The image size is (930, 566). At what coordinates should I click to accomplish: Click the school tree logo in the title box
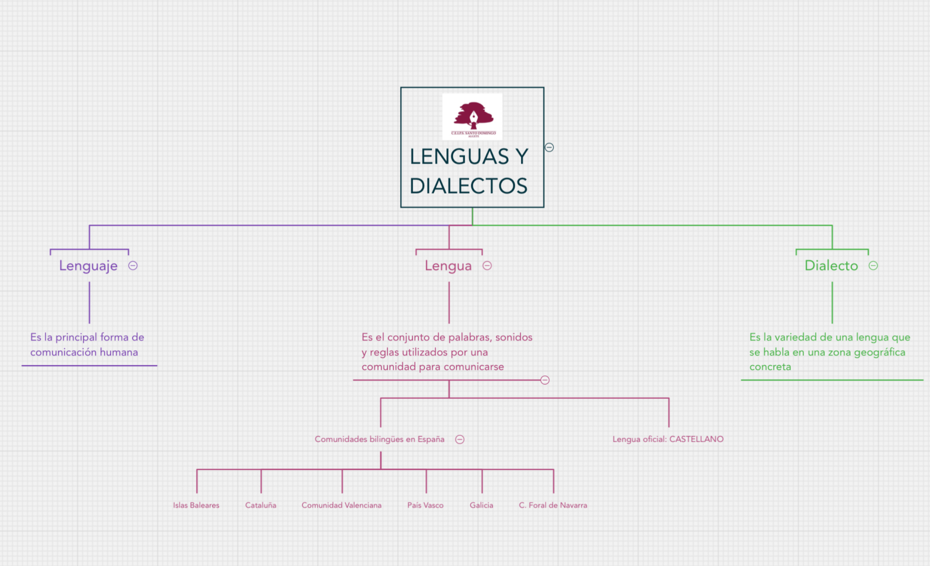point(472,116)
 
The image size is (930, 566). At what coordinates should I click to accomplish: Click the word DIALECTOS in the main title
point(468,186)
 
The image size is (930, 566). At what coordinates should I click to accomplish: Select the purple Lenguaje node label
point(88,266)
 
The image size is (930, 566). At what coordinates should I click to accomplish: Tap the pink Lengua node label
point(448,266)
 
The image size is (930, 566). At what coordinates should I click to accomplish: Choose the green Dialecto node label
point(831,266)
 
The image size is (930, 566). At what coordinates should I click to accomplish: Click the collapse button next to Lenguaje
point(133,266)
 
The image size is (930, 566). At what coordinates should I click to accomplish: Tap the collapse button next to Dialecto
point(873,266)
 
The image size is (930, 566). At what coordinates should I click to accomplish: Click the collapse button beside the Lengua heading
point(487,266)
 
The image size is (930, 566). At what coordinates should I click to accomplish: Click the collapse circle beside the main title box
point(549,148)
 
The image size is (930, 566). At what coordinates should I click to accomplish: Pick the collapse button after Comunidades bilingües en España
point(460,440)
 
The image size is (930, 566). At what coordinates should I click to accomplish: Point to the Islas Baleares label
point(196,505)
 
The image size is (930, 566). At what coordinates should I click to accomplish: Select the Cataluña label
point(260,505)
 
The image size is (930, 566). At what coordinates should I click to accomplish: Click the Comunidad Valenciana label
point(341,505)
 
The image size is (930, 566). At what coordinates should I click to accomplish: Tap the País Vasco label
point(425,505)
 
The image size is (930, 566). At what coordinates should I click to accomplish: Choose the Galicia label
point(481,505)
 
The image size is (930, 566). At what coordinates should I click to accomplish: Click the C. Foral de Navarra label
point(553,505)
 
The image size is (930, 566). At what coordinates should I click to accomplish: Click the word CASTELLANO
point(696,439)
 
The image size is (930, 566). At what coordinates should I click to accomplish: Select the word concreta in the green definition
point(770,367)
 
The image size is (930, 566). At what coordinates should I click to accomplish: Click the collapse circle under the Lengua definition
point(545,380)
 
